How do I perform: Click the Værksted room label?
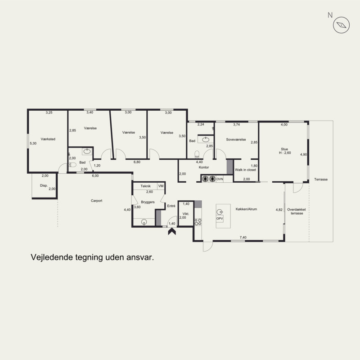coord(48,139)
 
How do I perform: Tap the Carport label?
coord(96,201)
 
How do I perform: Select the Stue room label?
coord(284,149)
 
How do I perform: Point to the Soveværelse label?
coord(236,139)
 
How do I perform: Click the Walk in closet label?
coord(245,170)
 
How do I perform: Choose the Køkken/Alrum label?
coord(246,209)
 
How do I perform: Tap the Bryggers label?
coord(148,202)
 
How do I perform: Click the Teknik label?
coord(145,186)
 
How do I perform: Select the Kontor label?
coord(204,167)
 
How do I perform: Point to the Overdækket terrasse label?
coord(297,211)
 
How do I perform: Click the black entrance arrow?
coord(172,231)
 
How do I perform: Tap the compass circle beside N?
coord(341,25)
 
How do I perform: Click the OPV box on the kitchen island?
coord(220,219)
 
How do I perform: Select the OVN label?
coord(220,179)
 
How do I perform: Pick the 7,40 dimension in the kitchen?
coord(243,238)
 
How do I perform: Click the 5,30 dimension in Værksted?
coord(33,143)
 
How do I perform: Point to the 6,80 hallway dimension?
coord(137,162)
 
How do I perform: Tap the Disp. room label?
coord(44,185)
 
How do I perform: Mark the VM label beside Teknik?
coord(161,186)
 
